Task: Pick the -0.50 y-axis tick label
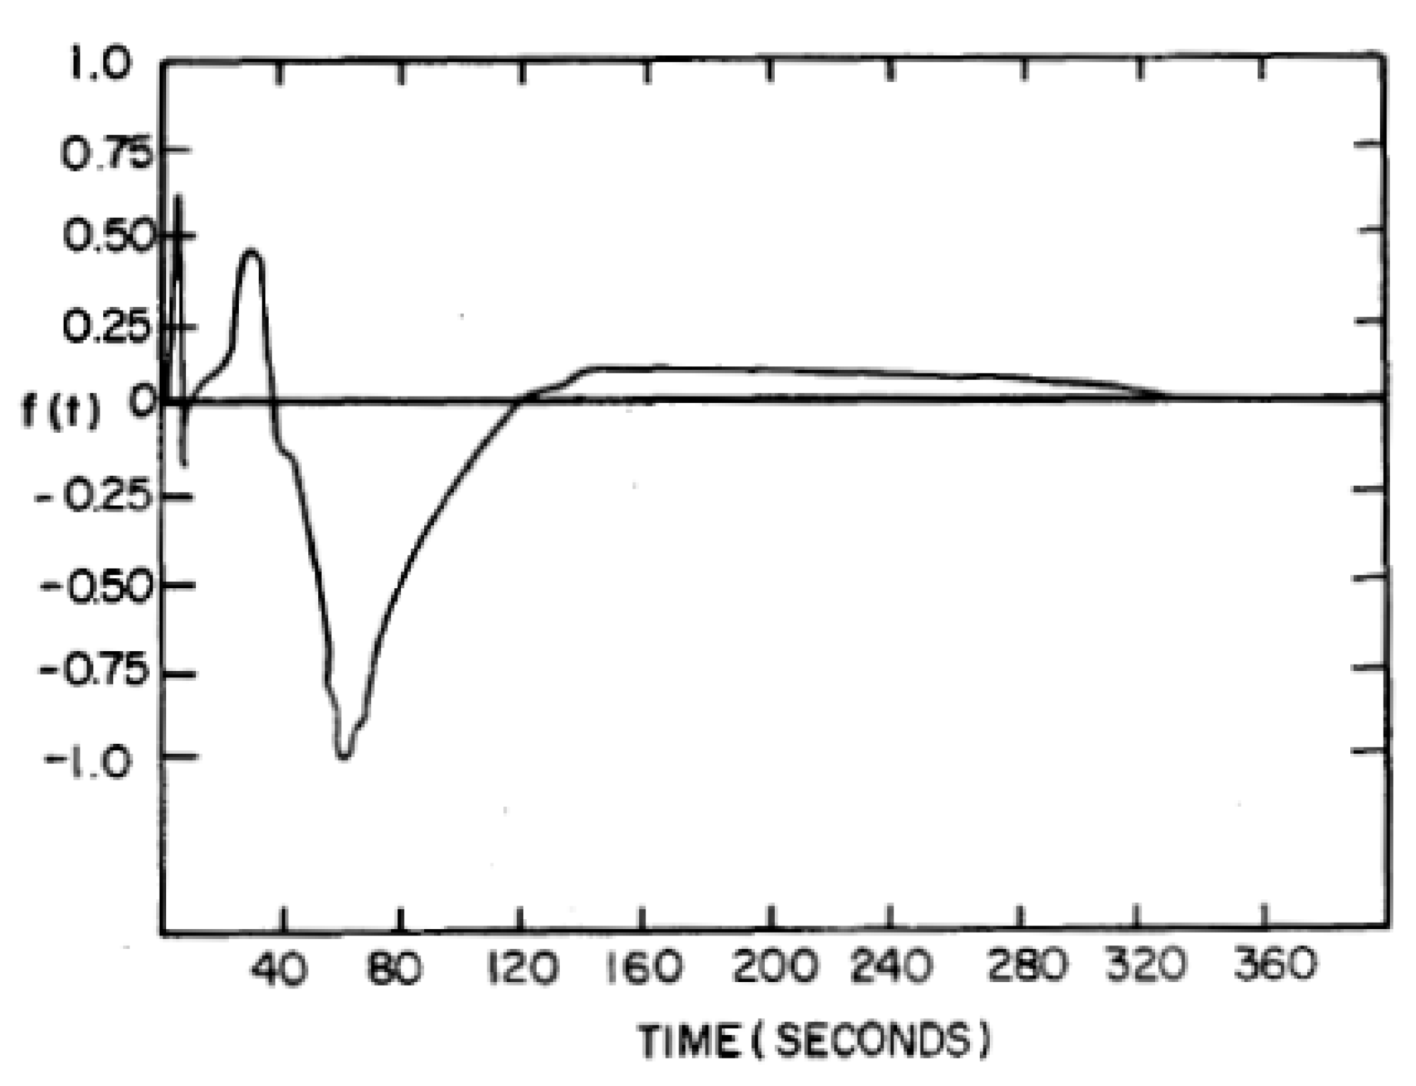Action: (x=97, y=585)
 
